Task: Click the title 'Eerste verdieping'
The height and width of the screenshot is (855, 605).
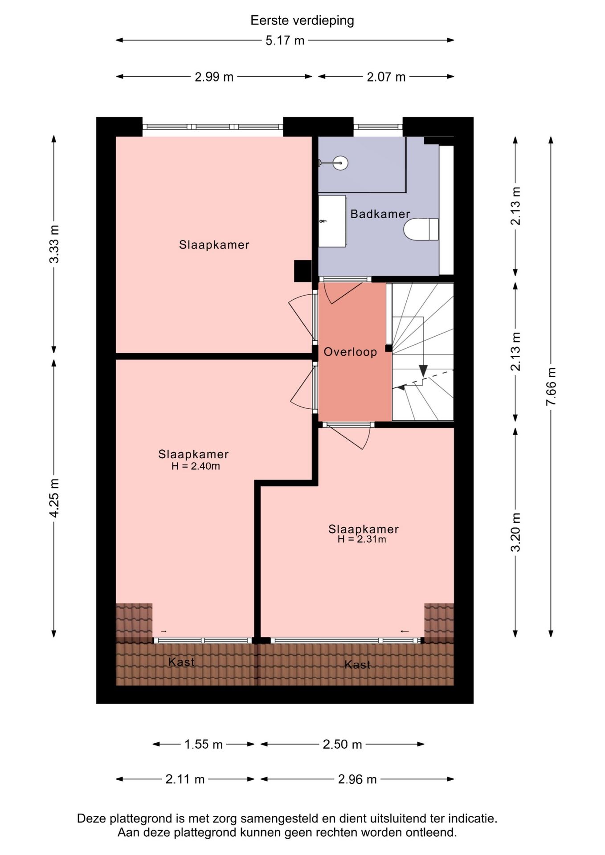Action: click(x=302, y=20)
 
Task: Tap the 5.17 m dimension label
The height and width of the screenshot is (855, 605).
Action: click(x=285, y=41)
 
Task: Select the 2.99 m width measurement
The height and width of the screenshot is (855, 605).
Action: click(x=214, y=77)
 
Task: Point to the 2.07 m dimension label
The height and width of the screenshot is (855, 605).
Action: click(x=386, y=77)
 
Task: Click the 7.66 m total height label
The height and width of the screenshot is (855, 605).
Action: click(x=551, y=386)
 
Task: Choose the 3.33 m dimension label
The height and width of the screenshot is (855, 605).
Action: click(x=54, y=244)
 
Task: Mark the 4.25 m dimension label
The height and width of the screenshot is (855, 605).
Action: click(x=54, y=498)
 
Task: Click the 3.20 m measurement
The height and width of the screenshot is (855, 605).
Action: click(x=515, y=532)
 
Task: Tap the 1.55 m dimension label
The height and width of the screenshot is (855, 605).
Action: click(x=204, y=744)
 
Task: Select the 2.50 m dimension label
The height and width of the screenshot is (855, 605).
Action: click(x=342, y=744)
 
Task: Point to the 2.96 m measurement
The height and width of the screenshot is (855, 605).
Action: click(x=357, y=779)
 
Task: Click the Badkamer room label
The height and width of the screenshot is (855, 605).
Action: click(x=380, y=214)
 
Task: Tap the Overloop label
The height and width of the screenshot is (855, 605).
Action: click(x=350, y=352)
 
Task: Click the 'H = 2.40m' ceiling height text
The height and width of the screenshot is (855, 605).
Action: click(x=196, y=466)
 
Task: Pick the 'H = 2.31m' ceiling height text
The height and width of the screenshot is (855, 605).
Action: click(x=362, y=539)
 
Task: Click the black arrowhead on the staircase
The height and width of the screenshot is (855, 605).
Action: click(x=423, y=370)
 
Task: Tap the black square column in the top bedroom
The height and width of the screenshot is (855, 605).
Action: click(x=302, y=271)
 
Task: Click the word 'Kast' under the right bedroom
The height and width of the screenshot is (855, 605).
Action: click(x=358, y=665)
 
